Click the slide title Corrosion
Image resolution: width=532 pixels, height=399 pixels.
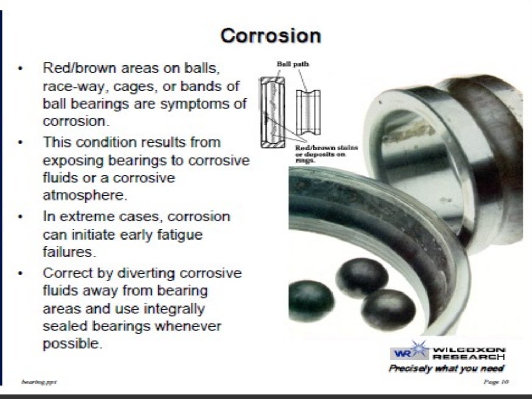[x=270, y=36]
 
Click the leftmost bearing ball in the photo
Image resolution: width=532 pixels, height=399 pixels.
[x=311, y=300]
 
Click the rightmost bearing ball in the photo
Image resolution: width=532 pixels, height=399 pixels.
[x=388, y=309]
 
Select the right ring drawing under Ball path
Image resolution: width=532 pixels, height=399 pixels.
[x=308, y=112]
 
